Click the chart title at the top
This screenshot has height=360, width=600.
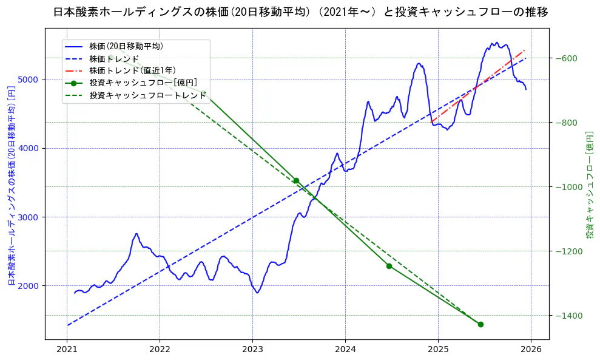300,12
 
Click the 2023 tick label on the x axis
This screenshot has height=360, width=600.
252,350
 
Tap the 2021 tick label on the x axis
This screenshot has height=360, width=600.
67,350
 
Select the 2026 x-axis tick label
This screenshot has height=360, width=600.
531,350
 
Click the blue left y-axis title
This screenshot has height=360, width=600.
11,185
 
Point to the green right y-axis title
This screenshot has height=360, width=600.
589,185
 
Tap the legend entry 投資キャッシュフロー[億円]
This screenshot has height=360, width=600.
143,83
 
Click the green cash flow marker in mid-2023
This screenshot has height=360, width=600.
296,180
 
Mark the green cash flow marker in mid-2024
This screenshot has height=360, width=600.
389,266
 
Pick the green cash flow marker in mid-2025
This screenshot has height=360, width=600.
480,324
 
